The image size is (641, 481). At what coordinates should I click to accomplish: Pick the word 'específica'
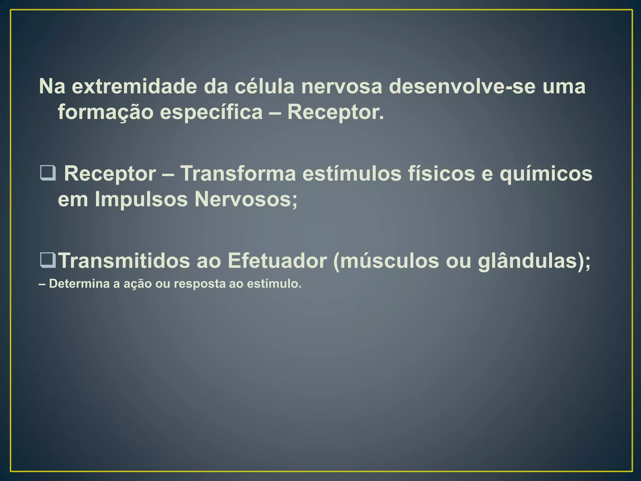[x=211, y=112]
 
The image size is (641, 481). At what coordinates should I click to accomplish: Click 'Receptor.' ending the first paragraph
[x=336, y=112]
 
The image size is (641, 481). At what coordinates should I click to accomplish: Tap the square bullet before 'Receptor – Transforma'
[x=48, y=173]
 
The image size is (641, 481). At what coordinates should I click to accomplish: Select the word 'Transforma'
[x=238, y=173]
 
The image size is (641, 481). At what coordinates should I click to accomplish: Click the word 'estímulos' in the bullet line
[x=352, y=173]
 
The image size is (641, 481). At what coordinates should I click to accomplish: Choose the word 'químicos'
[x=546, y=173]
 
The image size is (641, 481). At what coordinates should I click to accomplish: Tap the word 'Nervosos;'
[x=246, y=199]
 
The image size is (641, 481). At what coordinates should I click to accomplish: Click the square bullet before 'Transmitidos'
[x=48, y=261]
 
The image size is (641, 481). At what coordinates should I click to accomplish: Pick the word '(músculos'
[x=386, y=261]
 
